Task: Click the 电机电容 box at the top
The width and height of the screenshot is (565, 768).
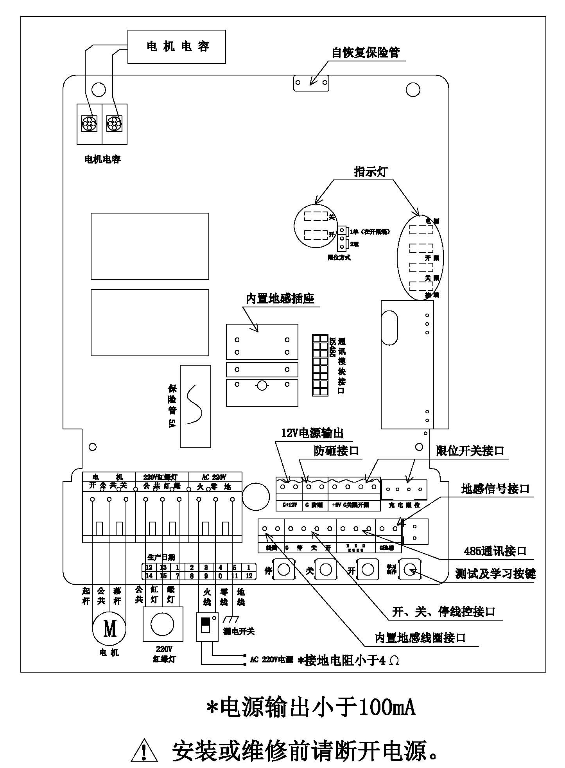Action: [x=177, y=47]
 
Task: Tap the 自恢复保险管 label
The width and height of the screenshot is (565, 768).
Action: [x=366, y=52]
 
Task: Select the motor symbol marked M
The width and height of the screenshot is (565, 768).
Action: [x=109, y=629]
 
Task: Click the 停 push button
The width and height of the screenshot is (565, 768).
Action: [x=284, y=570]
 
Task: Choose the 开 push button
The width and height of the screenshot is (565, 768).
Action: [x=368, y=570]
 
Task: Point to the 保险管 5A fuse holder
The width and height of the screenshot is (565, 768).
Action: [x=195, y=406]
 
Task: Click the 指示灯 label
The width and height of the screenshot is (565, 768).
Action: [x=371, y=172]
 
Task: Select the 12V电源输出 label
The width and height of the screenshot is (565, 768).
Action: [x=312, y=433]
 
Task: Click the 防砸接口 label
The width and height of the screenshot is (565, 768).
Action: [x=336, y=451]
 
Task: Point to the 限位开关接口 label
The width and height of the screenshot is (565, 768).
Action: [x=470, y=451]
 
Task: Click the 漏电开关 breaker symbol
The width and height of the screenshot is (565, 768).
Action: [x=207, y=627]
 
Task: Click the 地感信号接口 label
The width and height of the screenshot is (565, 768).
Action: [x=495, y=489]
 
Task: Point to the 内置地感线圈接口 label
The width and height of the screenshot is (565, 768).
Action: [x=420, y=638]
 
